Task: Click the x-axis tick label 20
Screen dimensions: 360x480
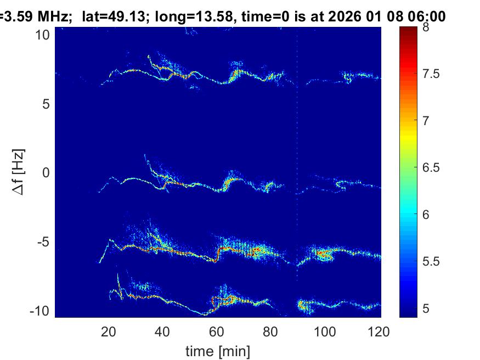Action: pos(109,331)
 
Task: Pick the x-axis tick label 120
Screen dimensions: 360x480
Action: pos(379,331)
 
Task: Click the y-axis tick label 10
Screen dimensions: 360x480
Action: pos(43,35)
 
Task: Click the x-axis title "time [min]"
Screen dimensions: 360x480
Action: pos(217,350)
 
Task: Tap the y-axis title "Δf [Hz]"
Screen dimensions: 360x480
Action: pos(20,173)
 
